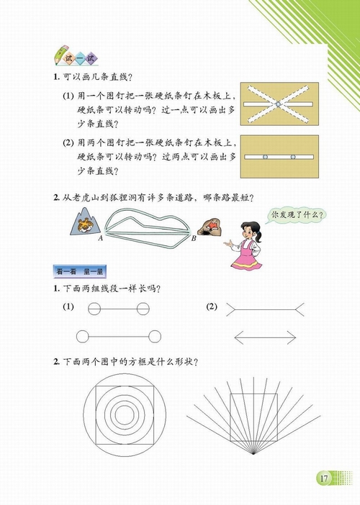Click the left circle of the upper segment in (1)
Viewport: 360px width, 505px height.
click(94, 309)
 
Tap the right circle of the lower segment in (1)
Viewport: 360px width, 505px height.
click(153, 335)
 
